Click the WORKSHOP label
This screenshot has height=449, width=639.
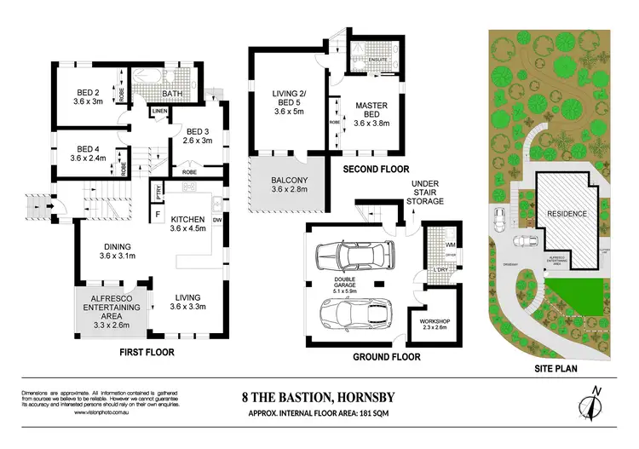(x=429, y=323)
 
